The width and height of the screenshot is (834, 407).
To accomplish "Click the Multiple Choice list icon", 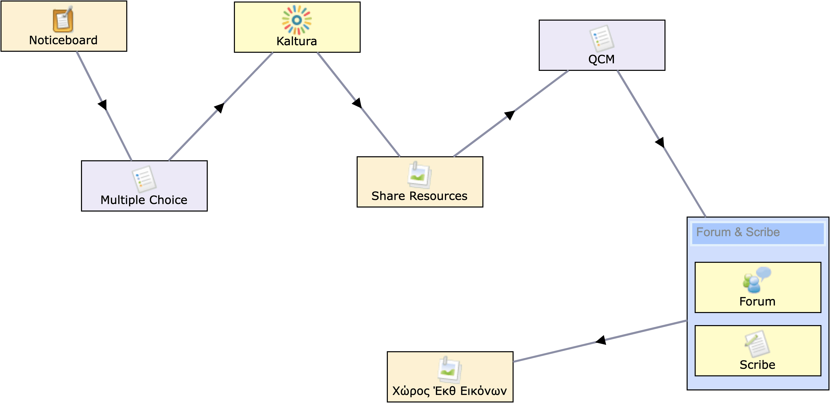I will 144,179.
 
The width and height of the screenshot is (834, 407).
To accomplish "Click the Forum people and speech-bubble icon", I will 757,280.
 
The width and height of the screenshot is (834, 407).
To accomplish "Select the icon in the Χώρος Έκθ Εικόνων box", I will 449,370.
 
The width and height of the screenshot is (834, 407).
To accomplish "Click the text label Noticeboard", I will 63,40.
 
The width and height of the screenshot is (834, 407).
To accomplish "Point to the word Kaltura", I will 297,41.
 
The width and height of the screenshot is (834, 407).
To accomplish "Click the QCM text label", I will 602,59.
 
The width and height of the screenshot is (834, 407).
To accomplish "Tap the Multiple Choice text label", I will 144,200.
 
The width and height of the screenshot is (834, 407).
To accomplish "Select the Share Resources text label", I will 419,196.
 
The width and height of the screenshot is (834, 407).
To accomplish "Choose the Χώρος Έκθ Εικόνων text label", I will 449,391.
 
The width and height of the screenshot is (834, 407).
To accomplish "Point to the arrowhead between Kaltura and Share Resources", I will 357,103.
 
